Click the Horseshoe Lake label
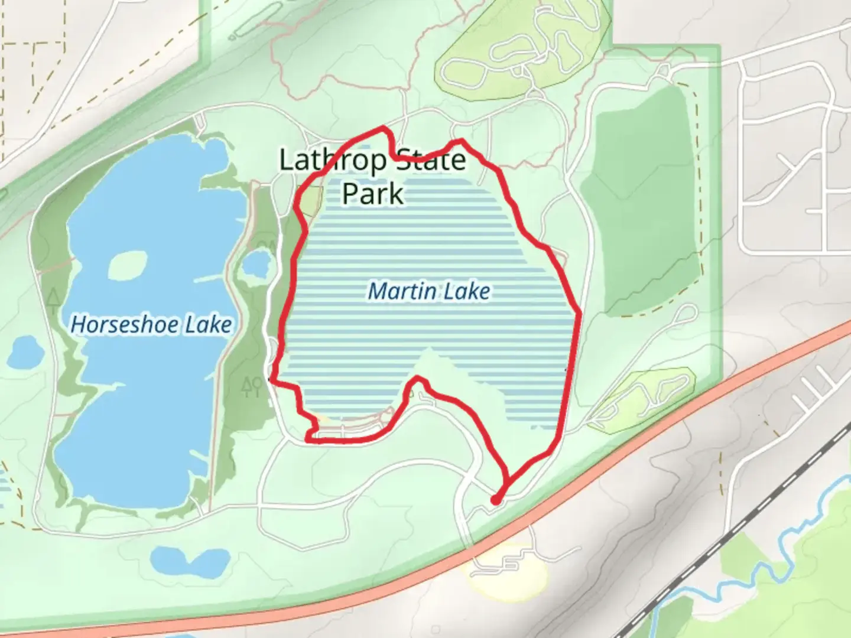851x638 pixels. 151,324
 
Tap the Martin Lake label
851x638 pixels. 429,291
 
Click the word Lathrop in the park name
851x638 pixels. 333,160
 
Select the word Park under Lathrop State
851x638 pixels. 373,193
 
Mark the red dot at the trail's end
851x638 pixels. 496,500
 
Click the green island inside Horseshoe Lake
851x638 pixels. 127,265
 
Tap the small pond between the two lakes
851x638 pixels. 255,263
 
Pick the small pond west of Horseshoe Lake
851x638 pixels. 25,352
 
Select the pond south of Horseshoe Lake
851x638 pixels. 189,558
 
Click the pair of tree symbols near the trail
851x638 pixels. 252,386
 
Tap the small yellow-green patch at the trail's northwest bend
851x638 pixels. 311,201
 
